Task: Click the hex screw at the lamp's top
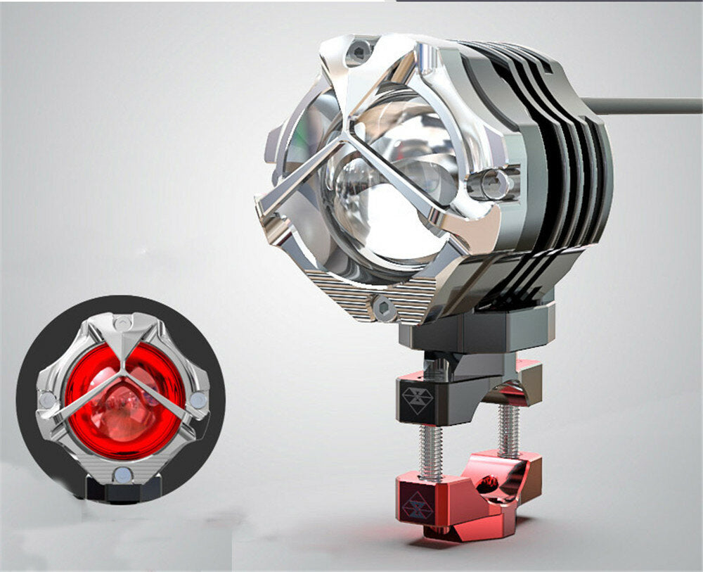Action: [360, 51]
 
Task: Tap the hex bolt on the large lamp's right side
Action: [495, 184]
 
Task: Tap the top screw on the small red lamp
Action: [123, 324]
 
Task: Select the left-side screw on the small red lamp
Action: [48, 401]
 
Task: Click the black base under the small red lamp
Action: [124, 491]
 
